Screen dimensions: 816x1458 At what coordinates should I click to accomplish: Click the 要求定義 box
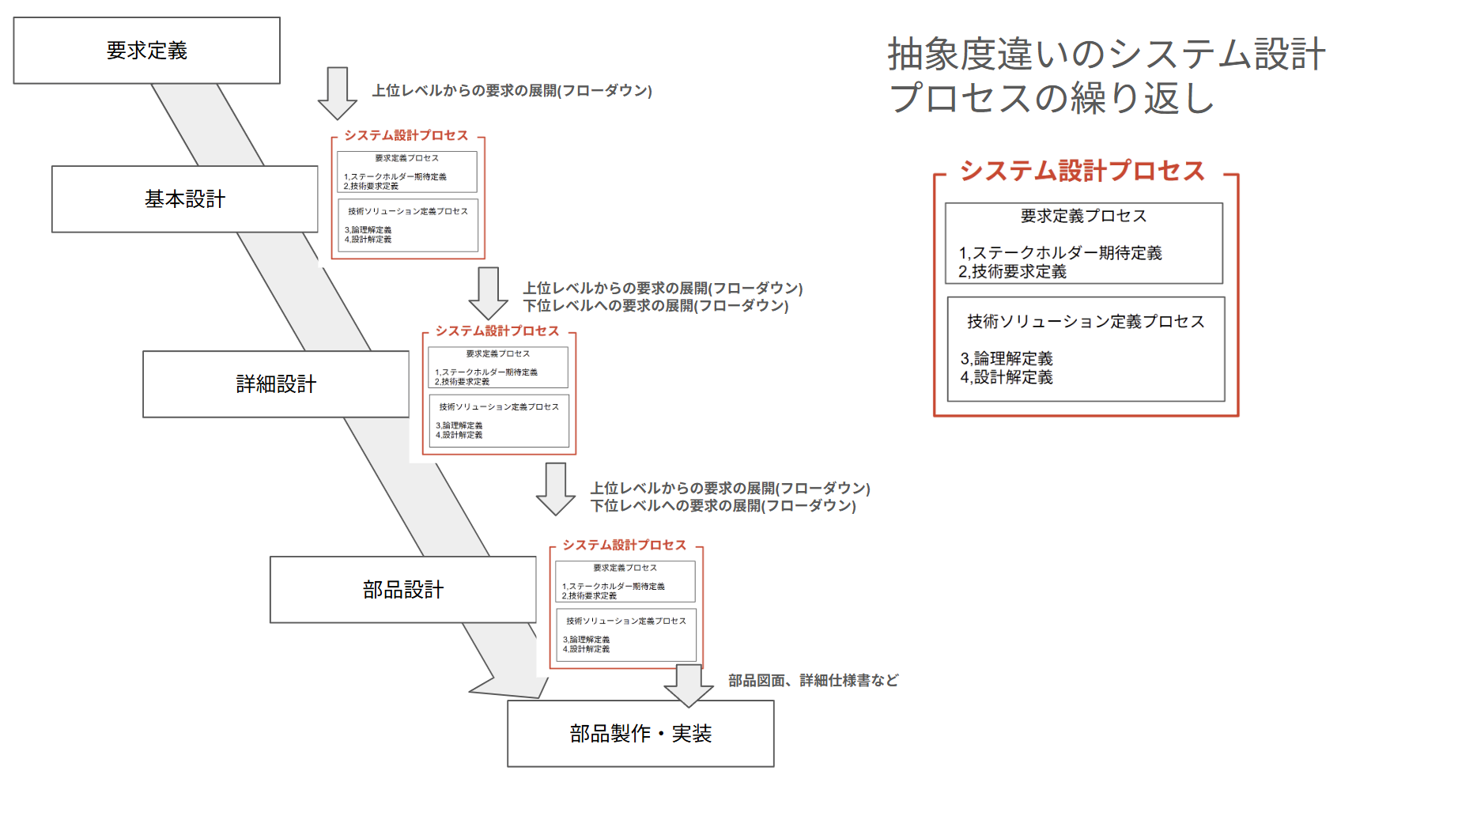pos(147,51)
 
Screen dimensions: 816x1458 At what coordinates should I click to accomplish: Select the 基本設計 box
pos(185,199)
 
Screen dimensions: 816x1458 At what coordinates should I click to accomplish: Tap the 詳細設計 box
pos(276,384)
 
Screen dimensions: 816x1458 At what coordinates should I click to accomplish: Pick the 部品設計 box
pos(403,590)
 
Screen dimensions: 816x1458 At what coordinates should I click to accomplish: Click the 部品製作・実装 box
pos(640,734)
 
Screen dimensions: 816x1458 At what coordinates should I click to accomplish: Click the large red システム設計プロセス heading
pos(1082,172)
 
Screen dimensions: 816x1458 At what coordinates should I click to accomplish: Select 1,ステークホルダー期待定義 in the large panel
pos(1060,253)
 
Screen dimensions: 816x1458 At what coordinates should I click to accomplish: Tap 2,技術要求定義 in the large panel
pos(1012,272)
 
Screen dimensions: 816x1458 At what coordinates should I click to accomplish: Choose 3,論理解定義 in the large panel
pos(1007,359)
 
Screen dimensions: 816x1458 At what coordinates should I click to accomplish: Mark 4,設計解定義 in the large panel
pos(1007,378)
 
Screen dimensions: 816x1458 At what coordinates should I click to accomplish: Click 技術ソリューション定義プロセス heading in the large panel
pos(1086,322)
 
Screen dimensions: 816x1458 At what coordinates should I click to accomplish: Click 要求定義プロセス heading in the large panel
pos(1083,216)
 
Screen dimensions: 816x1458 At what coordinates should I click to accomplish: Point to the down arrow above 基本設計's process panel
pos(338,93)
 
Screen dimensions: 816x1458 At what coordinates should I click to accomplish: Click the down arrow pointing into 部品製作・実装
pos(689,686)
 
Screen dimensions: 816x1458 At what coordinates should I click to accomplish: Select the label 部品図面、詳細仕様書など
pos(813,681)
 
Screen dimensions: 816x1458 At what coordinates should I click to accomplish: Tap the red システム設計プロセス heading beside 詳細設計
pos(497,331)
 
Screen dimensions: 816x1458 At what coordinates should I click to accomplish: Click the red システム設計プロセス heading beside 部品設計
pos(624,546)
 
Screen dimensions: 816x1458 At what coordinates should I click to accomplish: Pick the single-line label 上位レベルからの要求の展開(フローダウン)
pos(512,91)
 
